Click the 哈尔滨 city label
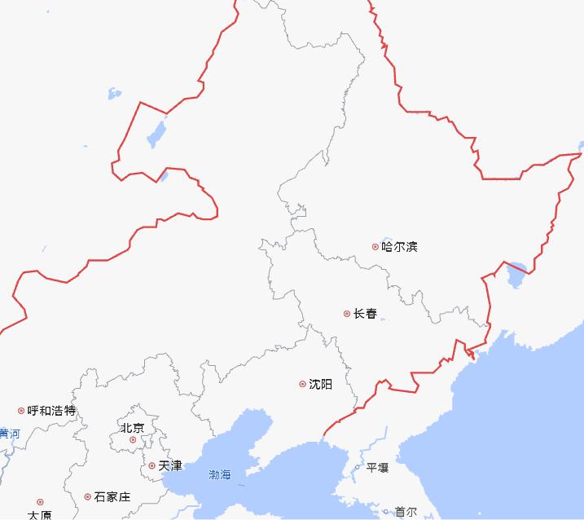400,246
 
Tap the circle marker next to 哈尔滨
375,246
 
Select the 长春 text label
365,314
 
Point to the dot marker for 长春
346,314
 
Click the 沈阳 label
321,384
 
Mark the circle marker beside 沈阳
303,384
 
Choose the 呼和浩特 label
51,411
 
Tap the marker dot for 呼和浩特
21,411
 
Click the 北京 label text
132,428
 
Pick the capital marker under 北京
133,440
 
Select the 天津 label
170,466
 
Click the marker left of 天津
151,466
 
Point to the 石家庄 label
112,496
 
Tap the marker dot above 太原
40,502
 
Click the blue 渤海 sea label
220,474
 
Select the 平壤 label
377,468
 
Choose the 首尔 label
405,512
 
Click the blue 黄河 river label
9,434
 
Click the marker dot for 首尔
386,512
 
